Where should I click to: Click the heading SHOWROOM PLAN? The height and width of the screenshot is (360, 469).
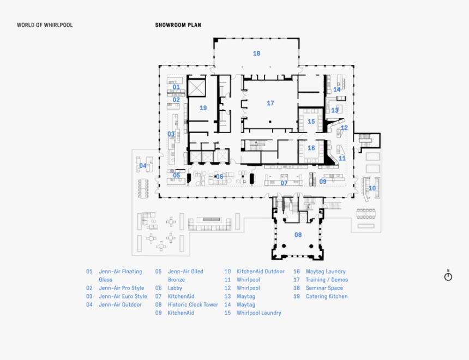click(178, 25)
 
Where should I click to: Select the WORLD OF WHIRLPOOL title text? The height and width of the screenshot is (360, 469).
click(45, 25)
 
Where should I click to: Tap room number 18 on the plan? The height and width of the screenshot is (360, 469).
click(256, 53)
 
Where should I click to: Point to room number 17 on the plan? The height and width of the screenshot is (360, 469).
click(270, 103)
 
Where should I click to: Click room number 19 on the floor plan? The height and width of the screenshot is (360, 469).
click(203, 108)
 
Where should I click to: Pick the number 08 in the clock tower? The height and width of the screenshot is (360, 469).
click(298, 235)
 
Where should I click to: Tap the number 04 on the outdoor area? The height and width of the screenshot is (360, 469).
click(143, 166)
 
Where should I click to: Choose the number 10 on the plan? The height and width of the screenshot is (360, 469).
click(372, 188)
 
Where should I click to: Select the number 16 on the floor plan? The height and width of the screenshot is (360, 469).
click(311, 148)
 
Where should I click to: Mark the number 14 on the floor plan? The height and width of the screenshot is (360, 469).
click(336, 89)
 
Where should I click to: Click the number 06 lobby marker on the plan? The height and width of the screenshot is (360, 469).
click(219, 177)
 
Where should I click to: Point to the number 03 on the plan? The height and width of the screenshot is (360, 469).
click(171, 134)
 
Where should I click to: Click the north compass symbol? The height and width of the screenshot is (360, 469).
click(448, 276)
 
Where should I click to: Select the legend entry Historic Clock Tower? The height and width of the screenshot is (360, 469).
click(193, 305)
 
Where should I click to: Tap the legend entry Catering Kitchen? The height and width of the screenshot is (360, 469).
click(326, 297)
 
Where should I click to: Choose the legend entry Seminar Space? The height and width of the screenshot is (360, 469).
click(324, 288)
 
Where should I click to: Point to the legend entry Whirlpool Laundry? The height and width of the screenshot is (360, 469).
click(258, 313)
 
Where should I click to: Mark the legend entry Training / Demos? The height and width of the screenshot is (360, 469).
click(327, 280)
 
